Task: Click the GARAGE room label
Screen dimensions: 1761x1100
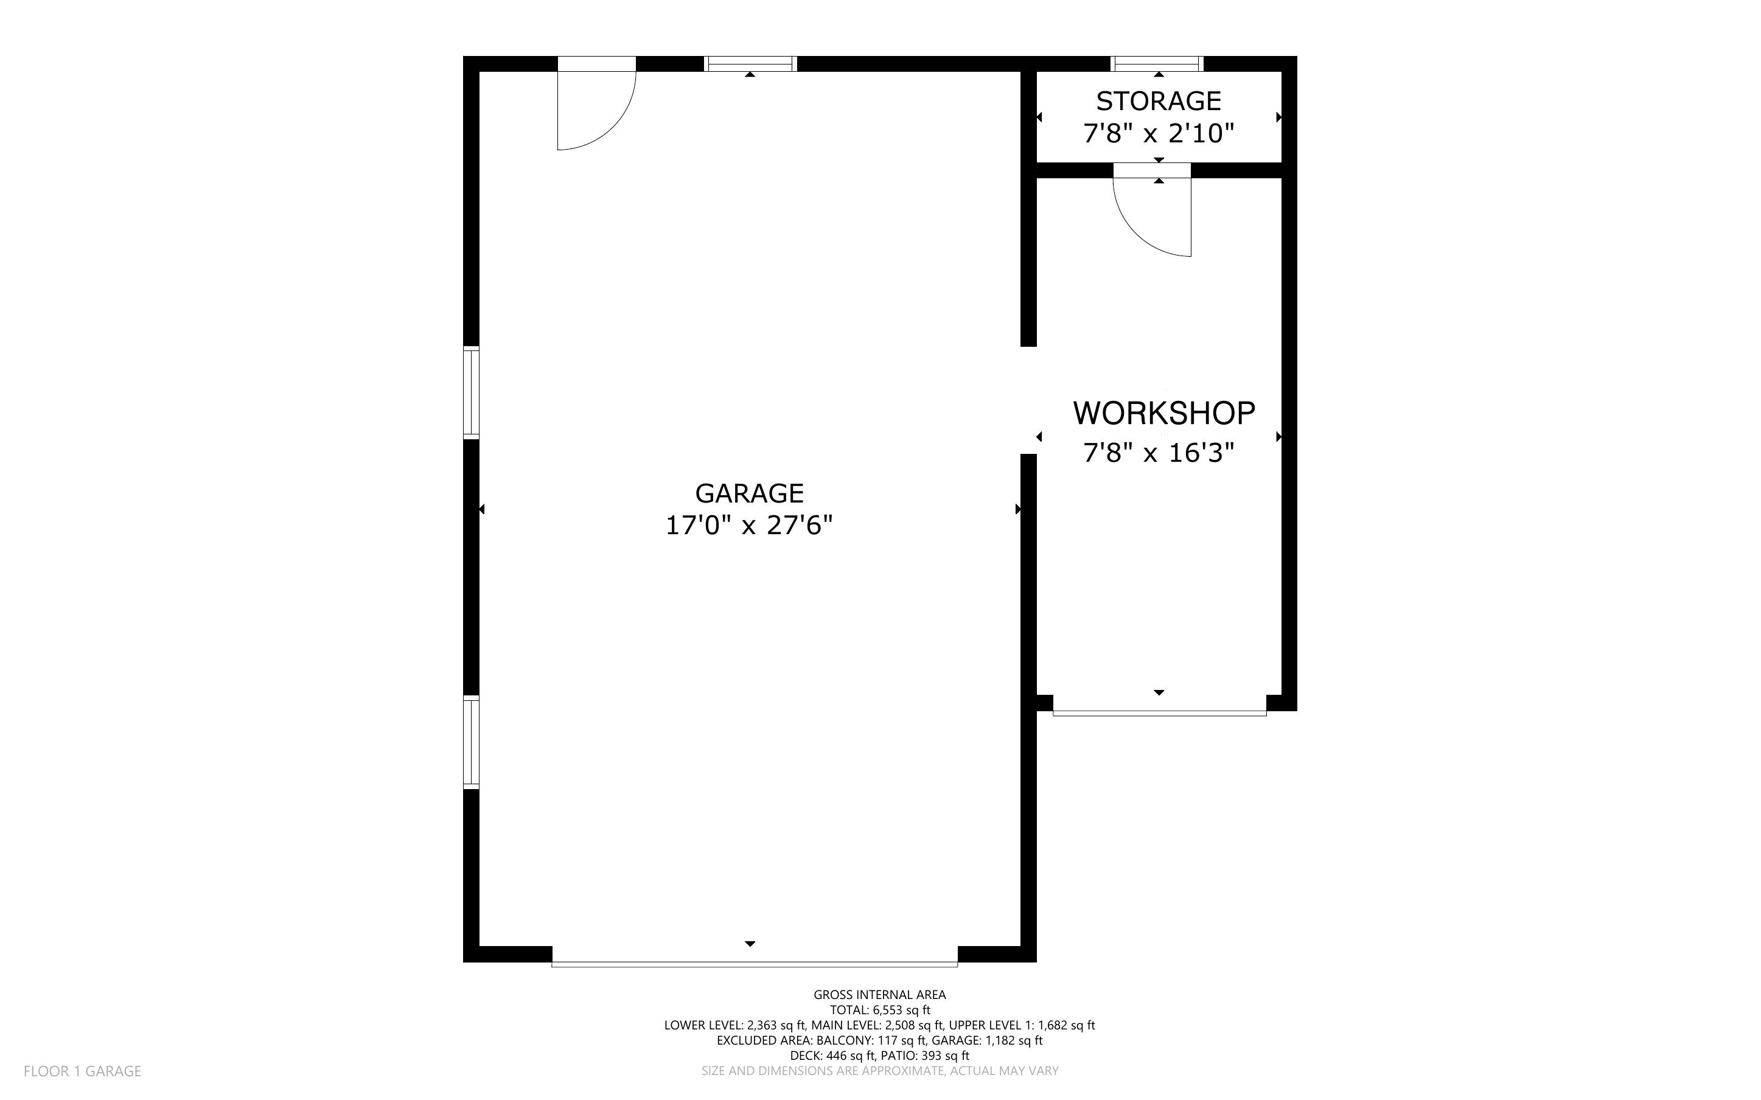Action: [749, 493]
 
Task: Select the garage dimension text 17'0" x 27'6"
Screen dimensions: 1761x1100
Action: [749, 524]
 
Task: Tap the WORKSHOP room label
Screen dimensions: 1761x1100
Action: [1164, 413]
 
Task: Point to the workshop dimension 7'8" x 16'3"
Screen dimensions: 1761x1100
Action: [1159, 453]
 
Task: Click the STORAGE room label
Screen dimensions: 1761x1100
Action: [1159, 101]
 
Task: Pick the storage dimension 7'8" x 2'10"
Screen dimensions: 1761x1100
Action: [1159, 134]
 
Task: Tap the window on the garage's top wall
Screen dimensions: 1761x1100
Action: [751, 64]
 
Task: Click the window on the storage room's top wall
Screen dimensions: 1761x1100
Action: [1157, 64]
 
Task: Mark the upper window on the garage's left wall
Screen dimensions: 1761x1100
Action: [472, 393]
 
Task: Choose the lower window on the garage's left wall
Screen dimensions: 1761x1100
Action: [472, 742]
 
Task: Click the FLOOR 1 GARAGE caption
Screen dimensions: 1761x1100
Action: [82, 1071]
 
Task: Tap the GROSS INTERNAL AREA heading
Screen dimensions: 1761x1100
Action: [879, 995]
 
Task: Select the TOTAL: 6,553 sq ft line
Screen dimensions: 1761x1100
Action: [879, 1010]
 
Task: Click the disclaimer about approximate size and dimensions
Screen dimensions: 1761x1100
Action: [879, 1071]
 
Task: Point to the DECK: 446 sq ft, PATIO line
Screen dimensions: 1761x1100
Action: [879, 1056]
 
